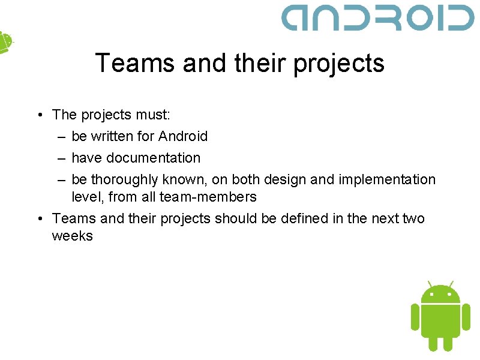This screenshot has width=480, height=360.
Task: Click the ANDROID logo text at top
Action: click(x=378, y=17)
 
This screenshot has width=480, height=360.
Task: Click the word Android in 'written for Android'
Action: click(x=183, y=136)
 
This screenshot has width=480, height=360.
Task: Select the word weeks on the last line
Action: click(x=73, y=236)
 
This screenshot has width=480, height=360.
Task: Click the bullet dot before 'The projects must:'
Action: click(x=38, y=115)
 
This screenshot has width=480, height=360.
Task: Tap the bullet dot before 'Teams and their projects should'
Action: click(x=38, y=218)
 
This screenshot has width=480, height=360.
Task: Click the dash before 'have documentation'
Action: click(x=62, y=158)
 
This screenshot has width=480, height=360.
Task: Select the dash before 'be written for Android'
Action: click(x=62, y=136)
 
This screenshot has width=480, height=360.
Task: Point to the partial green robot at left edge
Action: click(x=5, y=42)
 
